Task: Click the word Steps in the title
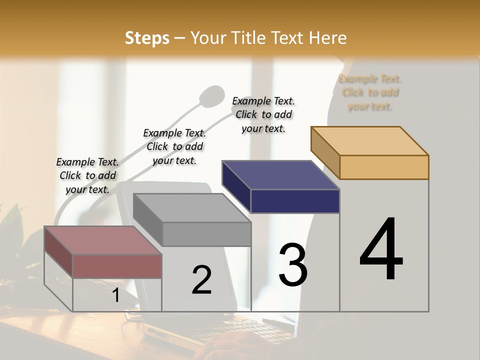click(147, 38)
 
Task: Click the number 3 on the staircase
click(293, 265)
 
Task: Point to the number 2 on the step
click(201, 279)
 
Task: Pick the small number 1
click(116, 295)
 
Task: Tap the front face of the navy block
click(295, 201)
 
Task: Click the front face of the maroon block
click(117, 266)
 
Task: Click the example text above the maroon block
click(87, 175)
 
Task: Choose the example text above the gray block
click(174, 146)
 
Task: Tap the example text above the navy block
click(263, 114)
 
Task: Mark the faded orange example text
click(370, 92)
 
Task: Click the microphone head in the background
click(212, 96)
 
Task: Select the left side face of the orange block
click(325, 152)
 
